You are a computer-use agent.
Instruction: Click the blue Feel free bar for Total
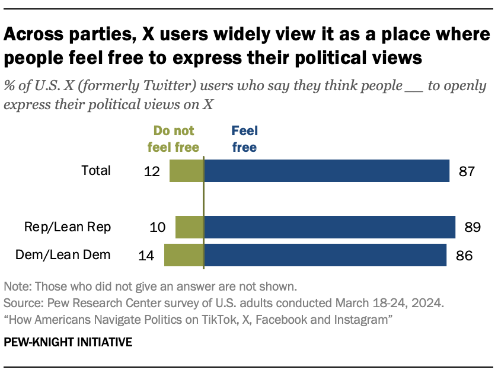[x=327, y=171]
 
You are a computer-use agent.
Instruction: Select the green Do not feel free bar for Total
[x=186, y=171]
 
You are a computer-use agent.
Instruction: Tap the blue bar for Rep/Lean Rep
[x=330, y=227]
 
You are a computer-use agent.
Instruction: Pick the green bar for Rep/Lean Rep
[x=189, y=227]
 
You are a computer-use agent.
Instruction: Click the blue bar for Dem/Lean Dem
[x=325, y=256]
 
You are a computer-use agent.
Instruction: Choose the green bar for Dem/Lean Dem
[x=184, y=256]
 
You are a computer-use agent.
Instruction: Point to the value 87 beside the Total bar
[x=467, y=171]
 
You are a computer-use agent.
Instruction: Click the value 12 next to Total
[x=152, y=171]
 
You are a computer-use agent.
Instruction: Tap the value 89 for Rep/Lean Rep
[x=472, y=227]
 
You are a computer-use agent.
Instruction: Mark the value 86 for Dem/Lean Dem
[x=463, y=256]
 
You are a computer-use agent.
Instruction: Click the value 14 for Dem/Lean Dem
[x=147, y=256]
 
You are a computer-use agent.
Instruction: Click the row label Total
[x=96, y=171]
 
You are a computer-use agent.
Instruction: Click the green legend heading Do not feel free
[x=174, y=139]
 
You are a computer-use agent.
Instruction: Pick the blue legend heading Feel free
[x=244, y=139]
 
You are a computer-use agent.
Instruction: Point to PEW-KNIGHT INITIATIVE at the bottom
[x=68, y=342]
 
